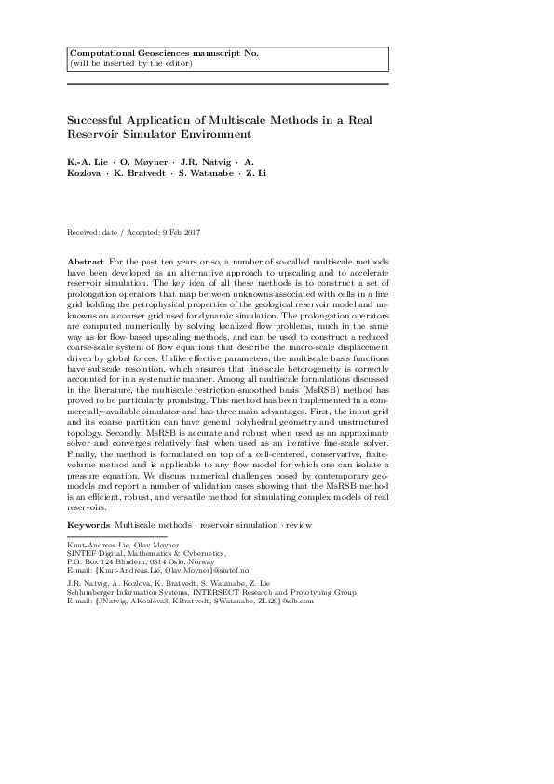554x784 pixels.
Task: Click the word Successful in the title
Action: pyautogui.click(x=98, y=120)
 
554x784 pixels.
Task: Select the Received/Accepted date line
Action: pyautogui.click(x=135, y=231)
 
